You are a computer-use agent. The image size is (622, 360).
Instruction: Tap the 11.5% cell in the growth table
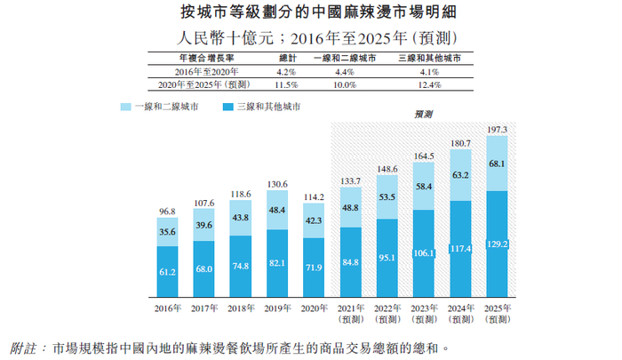282,84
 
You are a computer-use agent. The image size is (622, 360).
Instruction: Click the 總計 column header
282,56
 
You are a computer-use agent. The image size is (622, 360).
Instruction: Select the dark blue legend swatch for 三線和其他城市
228,107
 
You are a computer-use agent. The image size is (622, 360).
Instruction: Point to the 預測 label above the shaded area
424,116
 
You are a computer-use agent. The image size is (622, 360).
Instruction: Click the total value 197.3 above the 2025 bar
497,130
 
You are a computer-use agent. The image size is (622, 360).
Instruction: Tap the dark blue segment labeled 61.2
166,271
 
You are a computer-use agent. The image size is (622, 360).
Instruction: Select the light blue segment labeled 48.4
276,210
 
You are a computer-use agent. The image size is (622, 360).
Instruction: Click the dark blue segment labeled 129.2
497,242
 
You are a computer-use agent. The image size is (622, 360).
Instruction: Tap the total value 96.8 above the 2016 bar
166,212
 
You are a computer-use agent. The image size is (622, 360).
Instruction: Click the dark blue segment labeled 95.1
387,258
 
